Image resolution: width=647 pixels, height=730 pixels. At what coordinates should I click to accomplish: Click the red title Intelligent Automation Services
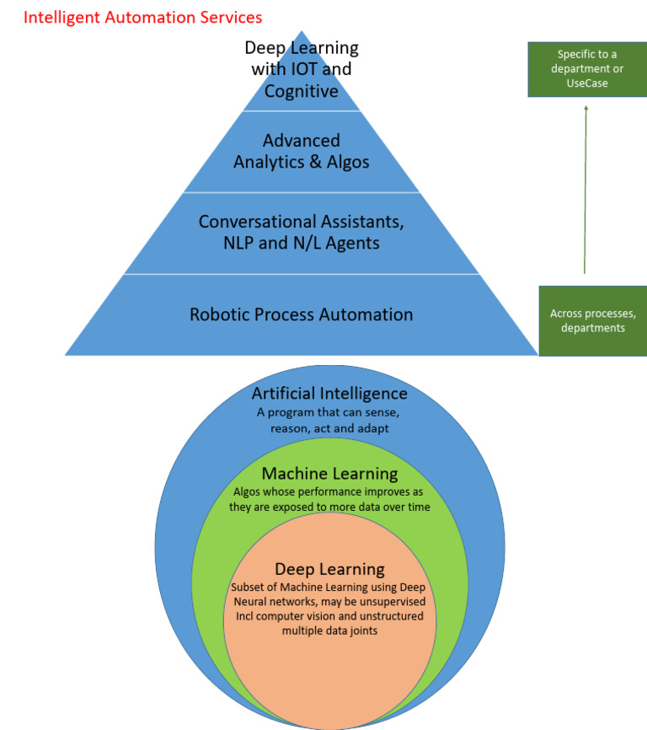coord(142,17)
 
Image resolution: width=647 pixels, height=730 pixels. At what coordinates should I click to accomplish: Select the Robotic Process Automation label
coord(301,314)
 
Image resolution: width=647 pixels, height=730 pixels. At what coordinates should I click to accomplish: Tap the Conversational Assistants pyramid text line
coord(301,222)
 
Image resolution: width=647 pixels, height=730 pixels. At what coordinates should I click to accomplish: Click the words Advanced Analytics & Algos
coord(301,151)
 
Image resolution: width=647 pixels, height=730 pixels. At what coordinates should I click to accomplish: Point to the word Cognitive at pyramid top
coord(301,90)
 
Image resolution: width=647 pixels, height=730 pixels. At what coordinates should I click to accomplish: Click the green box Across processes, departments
coord(592,320)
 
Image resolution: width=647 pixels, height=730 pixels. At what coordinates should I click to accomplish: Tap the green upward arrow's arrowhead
coord(586,108)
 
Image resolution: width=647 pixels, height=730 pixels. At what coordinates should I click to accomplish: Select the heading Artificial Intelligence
coord(329,393)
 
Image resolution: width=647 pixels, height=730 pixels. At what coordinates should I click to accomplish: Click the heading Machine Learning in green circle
coord(329,474)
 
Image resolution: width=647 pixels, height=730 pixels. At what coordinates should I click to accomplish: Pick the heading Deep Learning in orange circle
coord(329,569)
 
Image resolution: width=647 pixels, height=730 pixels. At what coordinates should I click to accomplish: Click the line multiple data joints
coord(329,630)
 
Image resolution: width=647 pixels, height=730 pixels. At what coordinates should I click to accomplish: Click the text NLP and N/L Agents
coord(301,244)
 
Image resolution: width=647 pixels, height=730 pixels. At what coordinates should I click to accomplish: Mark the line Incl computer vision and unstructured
coord(329,615)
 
